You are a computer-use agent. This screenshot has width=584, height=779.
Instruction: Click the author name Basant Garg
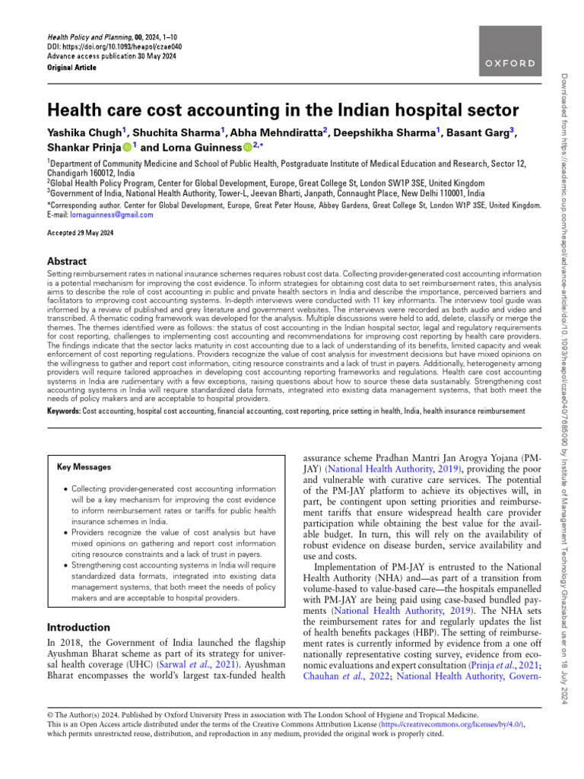(x=484, y=132)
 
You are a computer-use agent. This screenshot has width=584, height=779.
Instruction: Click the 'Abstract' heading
(x=67, y=261)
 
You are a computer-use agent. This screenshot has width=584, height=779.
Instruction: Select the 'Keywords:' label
(x=64, y=412)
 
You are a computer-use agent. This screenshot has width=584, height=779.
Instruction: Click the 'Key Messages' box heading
(x=84, y=467)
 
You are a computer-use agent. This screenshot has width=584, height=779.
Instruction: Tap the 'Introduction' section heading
(x=78, y=628)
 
